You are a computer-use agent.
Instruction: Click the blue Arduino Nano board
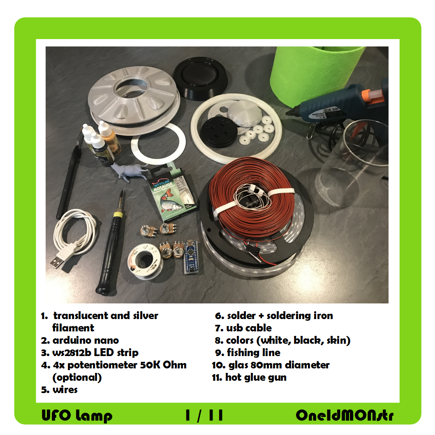191,257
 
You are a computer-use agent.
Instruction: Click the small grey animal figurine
128,171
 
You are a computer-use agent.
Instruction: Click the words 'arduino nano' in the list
86,340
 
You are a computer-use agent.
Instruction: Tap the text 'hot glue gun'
256,377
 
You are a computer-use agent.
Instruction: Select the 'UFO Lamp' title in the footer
77,415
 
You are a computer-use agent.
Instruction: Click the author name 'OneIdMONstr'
345,415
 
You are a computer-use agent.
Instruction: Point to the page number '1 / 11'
204,415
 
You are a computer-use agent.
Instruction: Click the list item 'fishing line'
254,353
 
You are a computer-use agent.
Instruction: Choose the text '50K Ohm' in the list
163,365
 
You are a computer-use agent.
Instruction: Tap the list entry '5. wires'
59,390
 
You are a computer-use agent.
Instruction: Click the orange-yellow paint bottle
110,138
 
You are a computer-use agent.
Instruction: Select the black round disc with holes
219,132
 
